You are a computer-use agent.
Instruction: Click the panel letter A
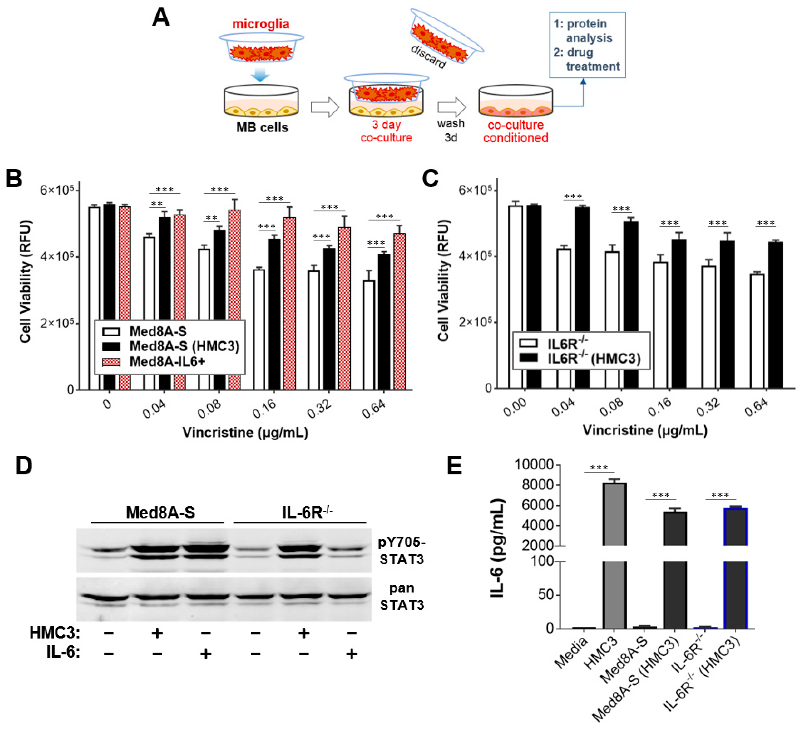point(161,18)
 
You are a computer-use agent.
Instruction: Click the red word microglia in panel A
point(260,24)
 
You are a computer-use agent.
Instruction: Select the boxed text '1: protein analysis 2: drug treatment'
point(587,45)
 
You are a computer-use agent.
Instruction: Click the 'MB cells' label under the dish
point(262,128)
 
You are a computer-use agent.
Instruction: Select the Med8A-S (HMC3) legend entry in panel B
point(184,347)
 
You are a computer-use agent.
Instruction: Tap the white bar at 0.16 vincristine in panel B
point(259,329)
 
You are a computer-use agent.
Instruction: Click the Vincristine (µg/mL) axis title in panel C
point(645,430)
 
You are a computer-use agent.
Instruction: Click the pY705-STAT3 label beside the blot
point(402,551)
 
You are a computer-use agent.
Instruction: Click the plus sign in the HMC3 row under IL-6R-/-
point(304,633)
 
